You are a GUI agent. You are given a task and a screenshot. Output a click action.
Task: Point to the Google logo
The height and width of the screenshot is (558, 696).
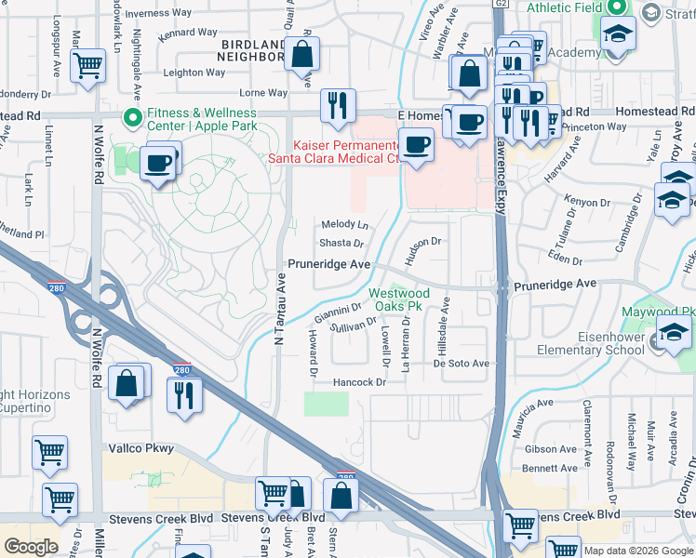[31, 547]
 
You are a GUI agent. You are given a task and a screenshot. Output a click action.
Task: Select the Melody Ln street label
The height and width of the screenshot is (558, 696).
[345, 225]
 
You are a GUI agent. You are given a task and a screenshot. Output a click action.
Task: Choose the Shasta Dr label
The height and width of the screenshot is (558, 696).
[341, 243]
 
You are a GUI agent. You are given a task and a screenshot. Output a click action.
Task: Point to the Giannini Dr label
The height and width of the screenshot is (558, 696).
[338, 311]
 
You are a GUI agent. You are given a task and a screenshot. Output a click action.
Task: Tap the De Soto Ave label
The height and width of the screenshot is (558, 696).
[461, 364]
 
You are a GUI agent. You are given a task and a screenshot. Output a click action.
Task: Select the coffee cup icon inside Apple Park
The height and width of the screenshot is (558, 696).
[159, 163]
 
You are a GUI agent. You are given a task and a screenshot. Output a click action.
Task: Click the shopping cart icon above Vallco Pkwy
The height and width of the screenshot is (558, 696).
[49, 453]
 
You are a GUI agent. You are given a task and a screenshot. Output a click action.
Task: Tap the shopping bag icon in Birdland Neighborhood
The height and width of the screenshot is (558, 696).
[302, 54]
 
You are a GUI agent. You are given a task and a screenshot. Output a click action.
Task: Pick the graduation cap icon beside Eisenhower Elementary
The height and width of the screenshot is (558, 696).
[675, 332]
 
